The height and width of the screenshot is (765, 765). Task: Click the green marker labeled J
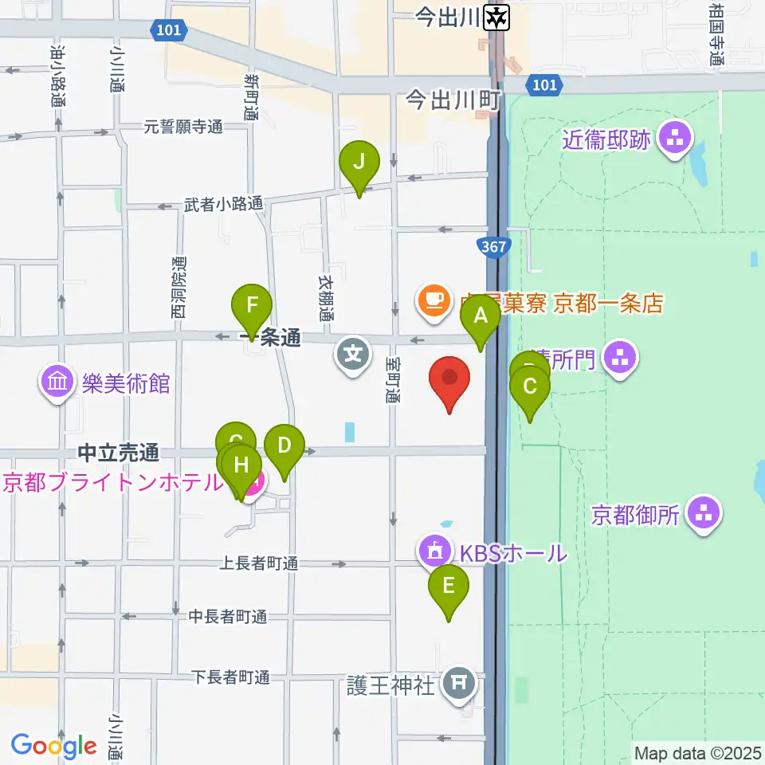(359, 163)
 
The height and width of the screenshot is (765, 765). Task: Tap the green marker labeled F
(252, 305)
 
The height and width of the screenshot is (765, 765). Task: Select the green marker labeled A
(481, 316)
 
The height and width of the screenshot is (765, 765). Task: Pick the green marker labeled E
(448, 587)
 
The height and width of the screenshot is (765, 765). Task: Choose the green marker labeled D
(284, 446)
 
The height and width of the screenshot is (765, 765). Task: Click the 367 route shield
(493, 247)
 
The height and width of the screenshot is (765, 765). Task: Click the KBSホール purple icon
(435, 551)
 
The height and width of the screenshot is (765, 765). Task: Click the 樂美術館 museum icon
(57, 383)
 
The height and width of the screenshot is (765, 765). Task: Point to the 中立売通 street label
(119, 453)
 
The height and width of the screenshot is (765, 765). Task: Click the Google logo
(53, 746)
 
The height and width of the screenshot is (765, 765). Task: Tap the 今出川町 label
(452, 100)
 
